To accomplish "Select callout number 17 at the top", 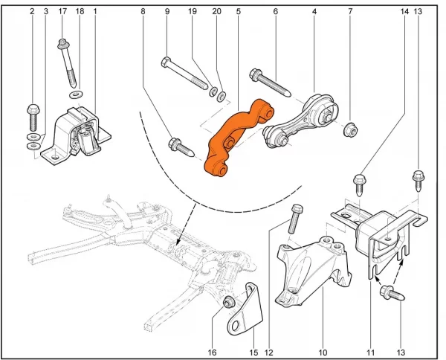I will pos(62,11).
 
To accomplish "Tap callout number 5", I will pos(239,11).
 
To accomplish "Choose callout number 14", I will pos(404,11).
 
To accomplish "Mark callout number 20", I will pos(217,11).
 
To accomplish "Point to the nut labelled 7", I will pos(349,130).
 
